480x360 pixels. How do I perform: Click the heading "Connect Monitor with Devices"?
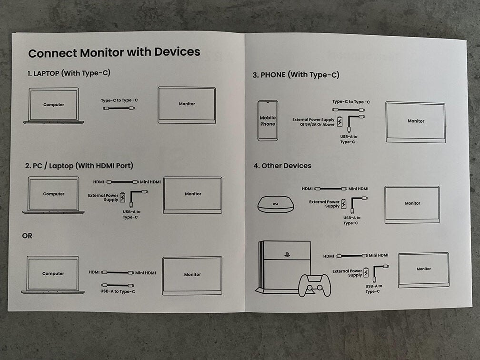tap(114, 52)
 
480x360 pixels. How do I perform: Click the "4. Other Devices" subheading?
tap(282, 166)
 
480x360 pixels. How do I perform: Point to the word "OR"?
tap(27, 236)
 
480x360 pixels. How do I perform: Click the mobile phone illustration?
tap(268, 120)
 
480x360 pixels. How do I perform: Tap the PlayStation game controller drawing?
tap(315, 285)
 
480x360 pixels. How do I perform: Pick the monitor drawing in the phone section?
tap(415, 122)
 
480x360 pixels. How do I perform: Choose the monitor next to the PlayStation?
tap(423, 270)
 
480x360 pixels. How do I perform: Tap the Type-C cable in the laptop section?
tap(119, 108)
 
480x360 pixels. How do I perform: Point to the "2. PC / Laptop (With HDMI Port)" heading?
tap(79, 166)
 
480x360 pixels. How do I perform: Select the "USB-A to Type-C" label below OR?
tap(118, 291)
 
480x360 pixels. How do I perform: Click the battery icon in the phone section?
tap(340, 121)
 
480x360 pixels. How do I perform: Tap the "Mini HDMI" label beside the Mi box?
tap(358, 189)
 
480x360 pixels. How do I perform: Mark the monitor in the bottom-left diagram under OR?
tap(192, 275)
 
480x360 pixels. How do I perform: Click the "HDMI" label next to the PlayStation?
tap(329, 256)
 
